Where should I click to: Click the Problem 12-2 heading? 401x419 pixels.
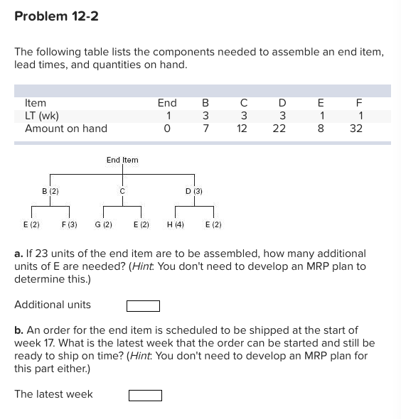point(56,16)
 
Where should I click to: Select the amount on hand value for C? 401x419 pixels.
point(242,129)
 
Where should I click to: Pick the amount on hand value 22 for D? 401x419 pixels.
point(279,129)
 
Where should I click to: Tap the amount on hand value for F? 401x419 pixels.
point(356,129)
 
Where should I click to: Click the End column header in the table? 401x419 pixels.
point(167,103)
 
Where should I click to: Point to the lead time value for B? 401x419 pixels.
point(205,116)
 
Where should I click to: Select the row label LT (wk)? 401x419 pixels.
point(42,116)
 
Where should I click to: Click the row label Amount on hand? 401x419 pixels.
point(66,129)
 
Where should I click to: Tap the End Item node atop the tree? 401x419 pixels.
point(122,160)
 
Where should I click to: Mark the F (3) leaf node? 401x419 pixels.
point(69,224)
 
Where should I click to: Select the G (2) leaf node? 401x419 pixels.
point(104,224)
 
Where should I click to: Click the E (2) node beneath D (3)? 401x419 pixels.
point(213,224)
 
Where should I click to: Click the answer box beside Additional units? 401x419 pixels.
point(143,306)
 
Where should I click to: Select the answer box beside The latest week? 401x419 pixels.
point(146,395)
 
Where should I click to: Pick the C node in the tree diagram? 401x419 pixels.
point(122,190)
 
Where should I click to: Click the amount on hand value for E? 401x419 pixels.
point(321,129)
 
